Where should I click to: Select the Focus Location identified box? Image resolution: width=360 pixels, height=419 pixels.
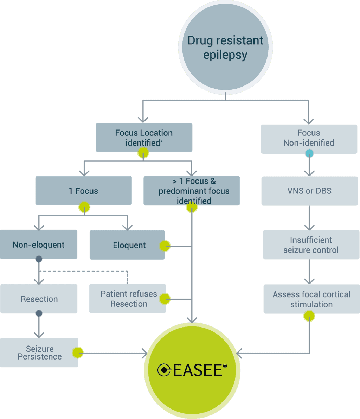[x=144, y=138]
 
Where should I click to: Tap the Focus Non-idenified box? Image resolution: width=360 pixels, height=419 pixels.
[x=309, y=138]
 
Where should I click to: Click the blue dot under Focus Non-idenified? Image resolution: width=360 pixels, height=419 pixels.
[x=309, y=153]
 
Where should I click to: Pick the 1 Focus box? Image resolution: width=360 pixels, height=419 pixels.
[x=83, y=191]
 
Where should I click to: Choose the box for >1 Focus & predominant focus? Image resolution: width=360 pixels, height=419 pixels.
[x=192, y=191]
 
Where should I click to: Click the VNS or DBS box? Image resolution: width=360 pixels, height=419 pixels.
[x=309, y=191]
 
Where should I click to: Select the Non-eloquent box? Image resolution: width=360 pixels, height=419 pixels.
[x=39, y=245]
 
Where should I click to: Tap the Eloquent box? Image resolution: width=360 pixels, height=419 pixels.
[x=127, y=245]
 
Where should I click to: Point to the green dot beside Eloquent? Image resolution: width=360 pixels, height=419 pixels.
[x=165, y=246]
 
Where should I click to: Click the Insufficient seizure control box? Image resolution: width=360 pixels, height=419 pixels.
[x=311, y=245]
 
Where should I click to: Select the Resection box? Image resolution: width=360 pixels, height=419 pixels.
[x=39, y=299]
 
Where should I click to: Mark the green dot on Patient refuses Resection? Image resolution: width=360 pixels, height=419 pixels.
[x=165, y=299]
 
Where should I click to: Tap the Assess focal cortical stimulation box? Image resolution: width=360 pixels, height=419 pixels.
[x=311, y=299]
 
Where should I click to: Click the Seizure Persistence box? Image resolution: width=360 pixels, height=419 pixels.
[x=39, y=353]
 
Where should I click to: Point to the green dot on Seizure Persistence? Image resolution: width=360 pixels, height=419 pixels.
[x=78, y=353]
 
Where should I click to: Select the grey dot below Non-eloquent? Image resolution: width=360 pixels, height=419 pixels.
[x=39, y=259]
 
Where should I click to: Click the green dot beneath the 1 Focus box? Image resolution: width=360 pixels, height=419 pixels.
[x=84, y=207]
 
